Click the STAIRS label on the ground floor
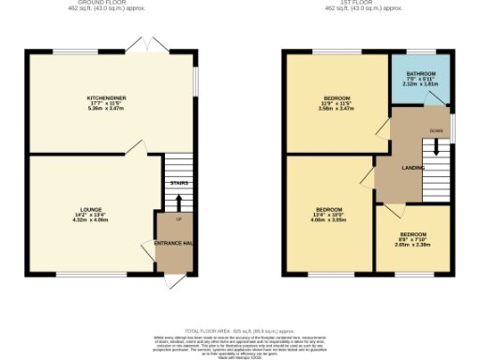click(x=177, y=182)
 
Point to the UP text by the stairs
click(x=178, y=218)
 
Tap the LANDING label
click(x=413, y=168)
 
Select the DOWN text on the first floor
click(x=436, y=131)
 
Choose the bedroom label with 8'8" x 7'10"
click(x=413, y=233)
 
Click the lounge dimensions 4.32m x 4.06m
click(x=91, y=220)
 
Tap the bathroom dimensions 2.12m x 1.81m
click(x=421, y=84)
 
